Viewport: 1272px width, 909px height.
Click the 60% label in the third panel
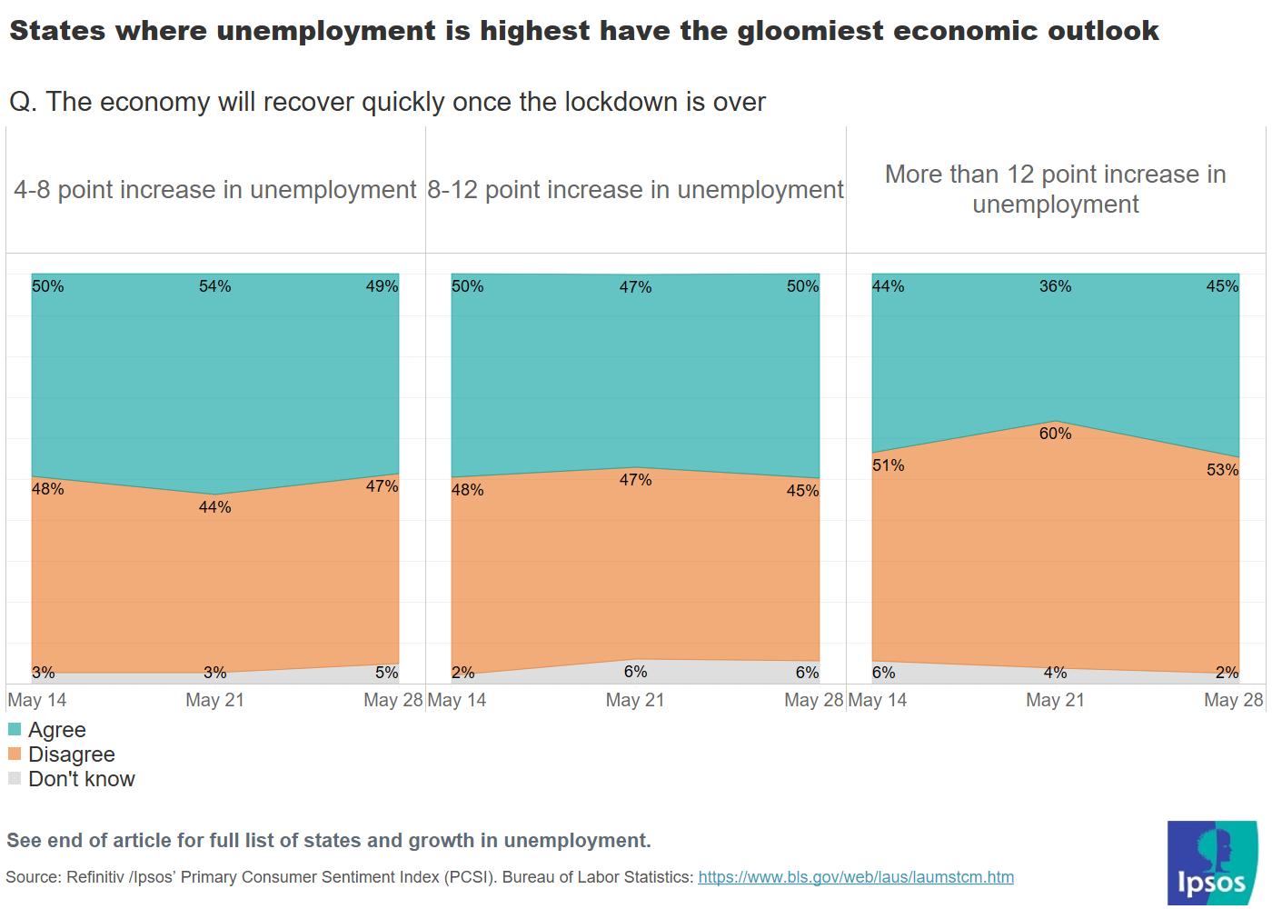[1055, 434]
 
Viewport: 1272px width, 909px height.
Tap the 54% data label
[215, 286]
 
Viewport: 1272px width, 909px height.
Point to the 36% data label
[1055, 286]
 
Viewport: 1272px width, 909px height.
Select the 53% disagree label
[1222, 470]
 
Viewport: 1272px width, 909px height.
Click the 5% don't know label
[386, 673]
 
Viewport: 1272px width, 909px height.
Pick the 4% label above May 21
[1055, 673]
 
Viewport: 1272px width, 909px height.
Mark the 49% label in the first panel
[382, 286]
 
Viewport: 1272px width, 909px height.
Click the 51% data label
[888, 465]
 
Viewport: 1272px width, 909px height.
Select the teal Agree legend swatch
[15, 730]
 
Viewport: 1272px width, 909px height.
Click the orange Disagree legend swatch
[15, 754]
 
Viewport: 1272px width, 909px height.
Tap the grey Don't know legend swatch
[15, 779]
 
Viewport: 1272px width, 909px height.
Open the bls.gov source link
[855, 877]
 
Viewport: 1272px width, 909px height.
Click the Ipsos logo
[1212, 863]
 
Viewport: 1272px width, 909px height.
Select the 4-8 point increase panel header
[215, 190]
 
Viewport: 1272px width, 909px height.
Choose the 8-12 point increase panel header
[635, 190]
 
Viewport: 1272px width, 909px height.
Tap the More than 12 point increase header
[1055, 189]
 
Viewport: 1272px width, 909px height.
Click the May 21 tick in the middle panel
[635, 700]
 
